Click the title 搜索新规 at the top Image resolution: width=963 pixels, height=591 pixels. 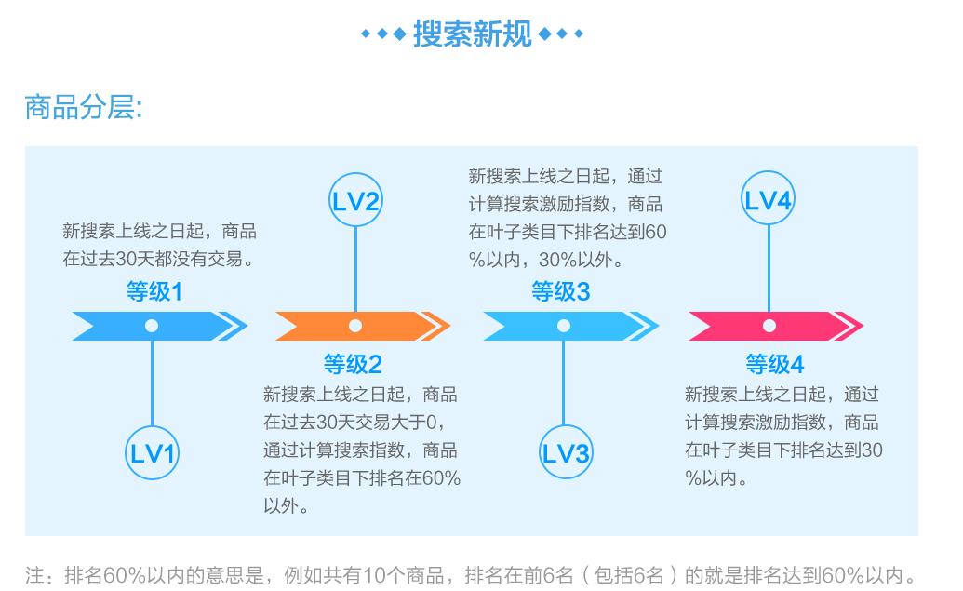point(472,34)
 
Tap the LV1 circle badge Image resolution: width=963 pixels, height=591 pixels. point(152,453)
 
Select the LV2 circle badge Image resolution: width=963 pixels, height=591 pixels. point(355,202)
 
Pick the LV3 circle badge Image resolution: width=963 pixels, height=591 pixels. point(564,453)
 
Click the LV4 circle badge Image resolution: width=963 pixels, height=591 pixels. point(769,202)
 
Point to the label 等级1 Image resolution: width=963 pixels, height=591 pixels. point(154,292)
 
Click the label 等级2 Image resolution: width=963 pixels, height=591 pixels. point(353,363)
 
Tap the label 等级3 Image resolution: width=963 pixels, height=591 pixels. point(560,292)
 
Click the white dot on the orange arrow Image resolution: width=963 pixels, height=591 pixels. point(355,326)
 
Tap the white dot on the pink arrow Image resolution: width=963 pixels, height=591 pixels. point(769,326)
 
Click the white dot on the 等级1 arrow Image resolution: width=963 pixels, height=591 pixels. point(152,326)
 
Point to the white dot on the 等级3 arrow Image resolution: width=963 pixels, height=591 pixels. point(564,326)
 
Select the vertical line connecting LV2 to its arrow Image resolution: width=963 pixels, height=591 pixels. point(355,270)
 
